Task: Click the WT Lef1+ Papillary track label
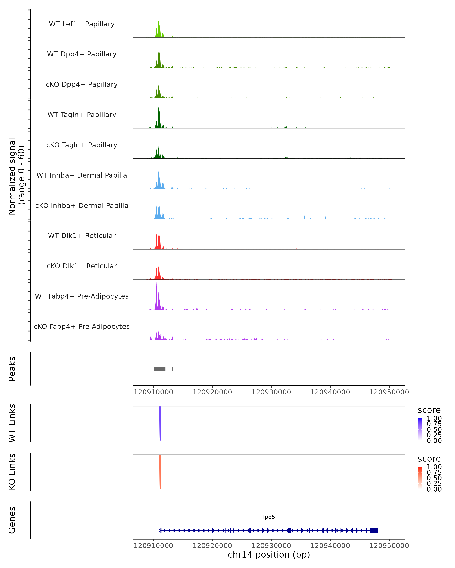[x=82, y=24]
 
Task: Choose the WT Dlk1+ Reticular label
[x=82, y=236]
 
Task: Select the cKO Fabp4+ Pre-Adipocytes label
[x=82, y=326]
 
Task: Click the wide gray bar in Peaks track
[x=160, y=369]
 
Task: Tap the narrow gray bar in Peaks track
[x=173, y=369]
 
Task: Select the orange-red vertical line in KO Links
[x=160, y=472]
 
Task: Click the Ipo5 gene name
[x=269, y=517]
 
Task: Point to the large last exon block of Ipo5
[x=374, y=531]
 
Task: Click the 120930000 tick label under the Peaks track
[x=271, y=392]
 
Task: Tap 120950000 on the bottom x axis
[x=389, y=546]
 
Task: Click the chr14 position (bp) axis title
[x=269, y=555]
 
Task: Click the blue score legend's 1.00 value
[x=434, y=418]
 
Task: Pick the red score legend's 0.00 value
[x=434, y=489]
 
